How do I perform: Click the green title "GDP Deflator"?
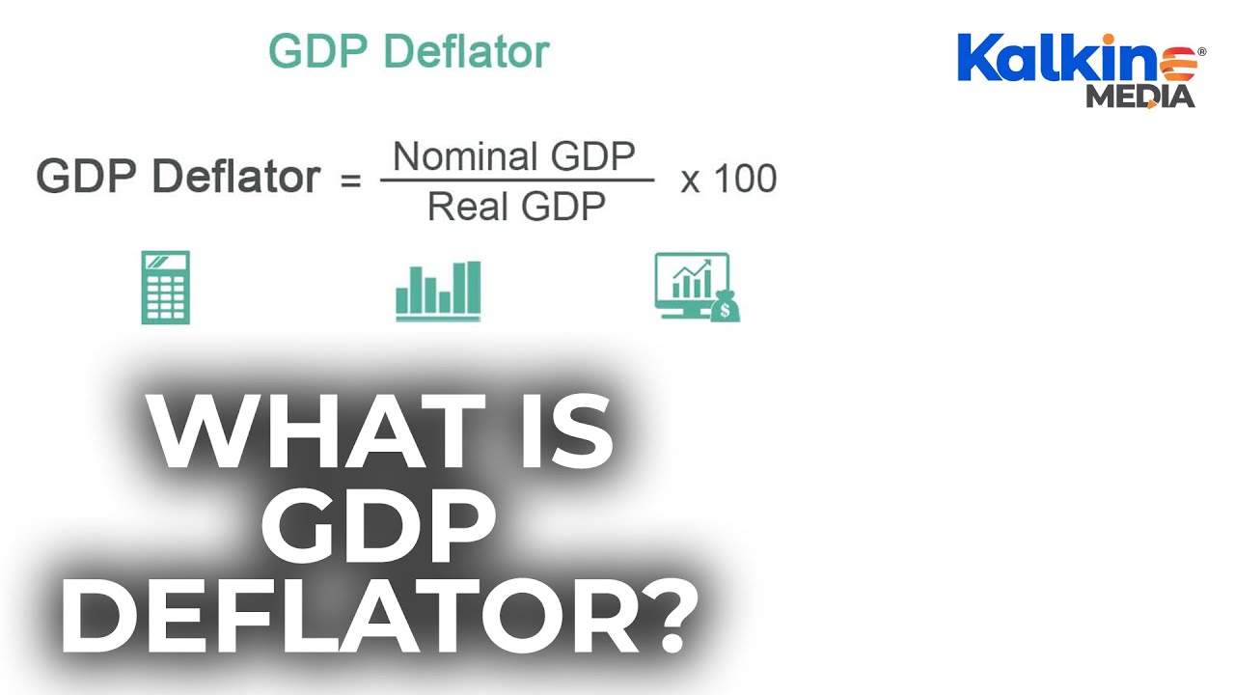[408, 51]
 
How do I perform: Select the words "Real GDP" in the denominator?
[517, 206]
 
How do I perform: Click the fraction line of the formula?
[517, 181]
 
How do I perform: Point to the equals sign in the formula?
[351, 181]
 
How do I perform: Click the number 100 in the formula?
[745, 180]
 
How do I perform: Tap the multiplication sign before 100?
[690, 181]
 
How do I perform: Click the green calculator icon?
[165, 288]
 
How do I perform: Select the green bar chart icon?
[438, 291]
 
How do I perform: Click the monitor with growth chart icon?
[689, 283]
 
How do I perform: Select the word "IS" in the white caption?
[563, 433]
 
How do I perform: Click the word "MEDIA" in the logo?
[1139, 97]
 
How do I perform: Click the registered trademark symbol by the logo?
[1201, 50]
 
